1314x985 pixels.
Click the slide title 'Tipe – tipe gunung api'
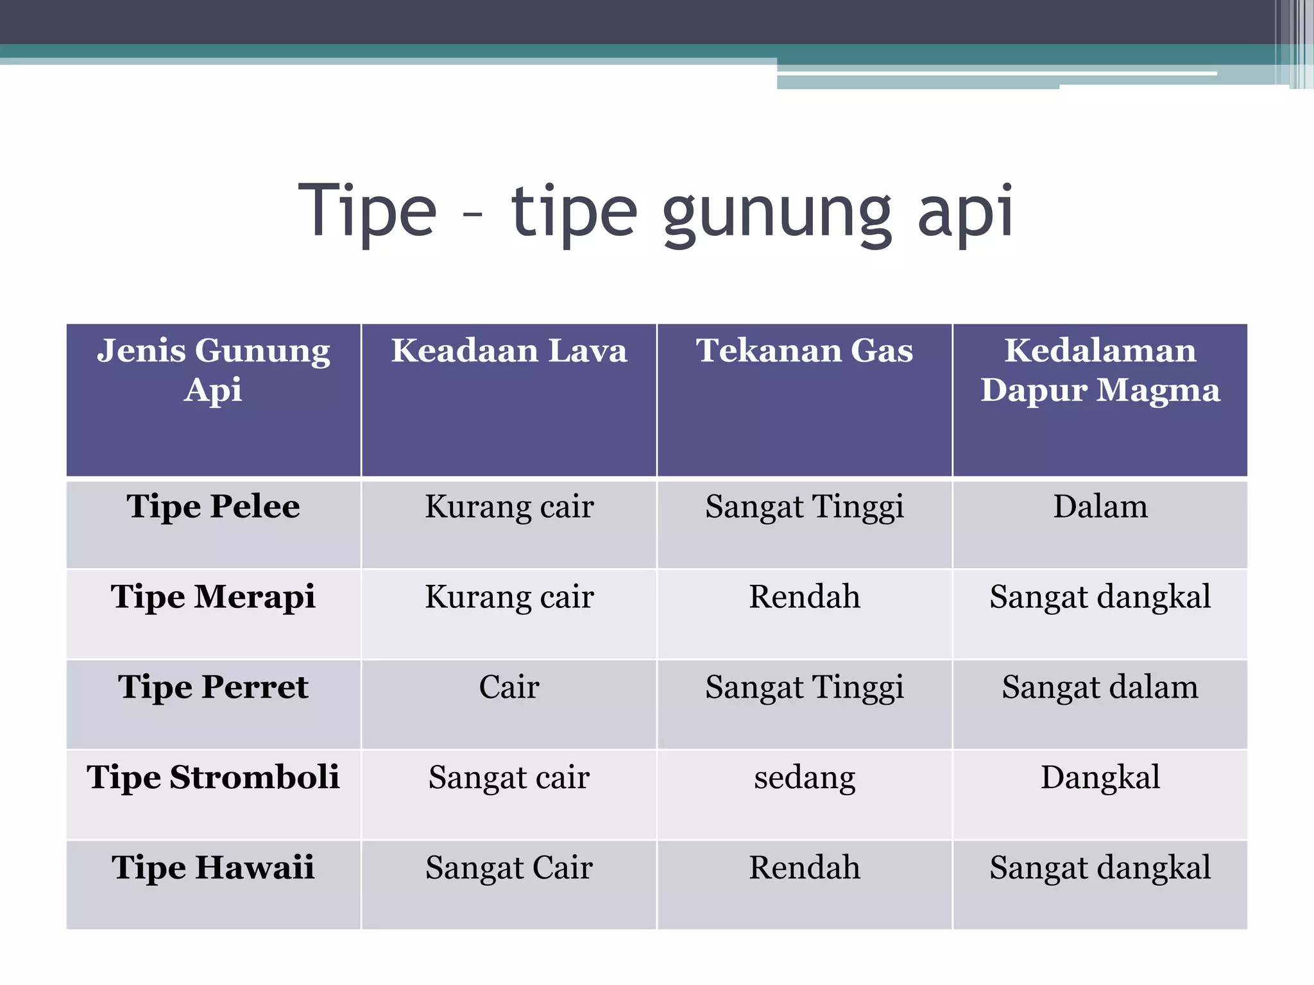tap(656, 212)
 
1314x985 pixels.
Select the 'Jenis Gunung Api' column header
tap(214, 370)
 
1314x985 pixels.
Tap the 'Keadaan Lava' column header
tap(509, 351)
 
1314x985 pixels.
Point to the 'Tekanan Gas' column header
tap(805, 351)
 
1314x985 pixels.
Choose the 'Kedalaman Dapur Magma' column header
tap(1100, 370)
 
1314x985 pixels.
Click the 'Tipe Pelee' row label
tap(214, 507)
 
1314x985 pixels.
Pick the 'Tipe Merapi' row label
tap(214, 597)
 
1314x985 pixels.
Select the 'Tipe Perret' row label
tap(214, 687)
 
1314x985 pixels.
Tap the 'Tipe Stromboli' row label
tap(214, 778)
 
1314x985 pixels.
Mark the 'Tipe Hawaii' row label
tap(214, 868)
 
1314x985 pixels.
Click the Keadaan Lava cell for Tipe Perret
tap(509, 687)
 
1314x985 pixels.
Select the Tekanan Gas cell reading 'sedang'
tap(805, 778)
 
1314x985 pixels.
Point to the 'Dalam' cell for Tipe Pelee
tap(1100, 507)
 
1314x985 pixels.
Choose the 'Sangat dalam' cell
tap(1100, 687)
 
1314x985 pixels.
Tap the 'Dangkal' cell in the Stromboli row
tap(1100, 778)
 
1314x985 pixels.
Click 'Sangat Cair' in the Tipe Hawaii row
tap(509, 868)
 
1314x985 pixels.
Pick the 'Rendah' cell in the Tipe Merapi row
tap(805, 597)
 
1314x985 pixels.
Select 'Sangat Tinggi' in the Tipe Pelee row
tap(805, 507)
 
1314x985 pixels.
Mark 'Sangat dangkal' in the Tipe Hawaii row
tap(1100, 868)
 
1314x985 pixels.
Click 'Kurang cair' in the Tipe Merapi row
tap(509, 597)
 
